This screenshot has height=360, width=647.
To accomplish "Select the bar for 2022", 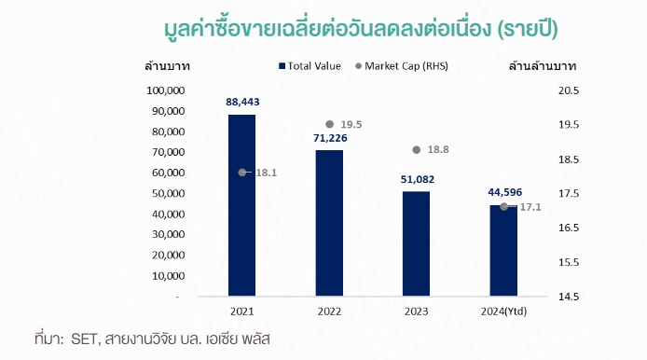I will [329, 224].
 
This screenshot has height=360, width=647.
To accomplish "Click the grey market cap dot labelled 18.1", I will [242, 173].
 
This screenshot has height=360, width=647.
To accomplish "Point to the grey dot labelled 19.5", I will [329, 124].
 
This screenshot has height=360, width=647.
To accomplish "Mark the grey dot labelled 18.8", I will [416, 149].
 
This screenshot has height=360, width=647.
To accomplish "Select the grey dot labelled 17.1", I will [503, 206].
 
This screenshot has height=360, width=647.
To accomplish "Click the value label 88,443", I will [242, 102].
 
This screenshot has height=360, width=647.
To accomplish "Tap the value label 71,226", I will [329, 138].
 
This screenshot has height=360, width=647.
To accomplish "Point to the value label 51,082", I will [416, 179].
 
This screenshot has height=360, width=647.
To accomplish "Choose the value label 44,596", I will [503, 193].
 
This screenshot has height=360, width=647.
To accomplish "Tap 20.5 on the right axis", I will [568, 90].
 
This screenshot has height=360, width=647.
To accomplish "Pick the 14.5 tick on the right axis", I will [568, 297].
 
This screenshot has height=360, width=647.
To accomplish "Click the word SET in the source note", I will [83, 337].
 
